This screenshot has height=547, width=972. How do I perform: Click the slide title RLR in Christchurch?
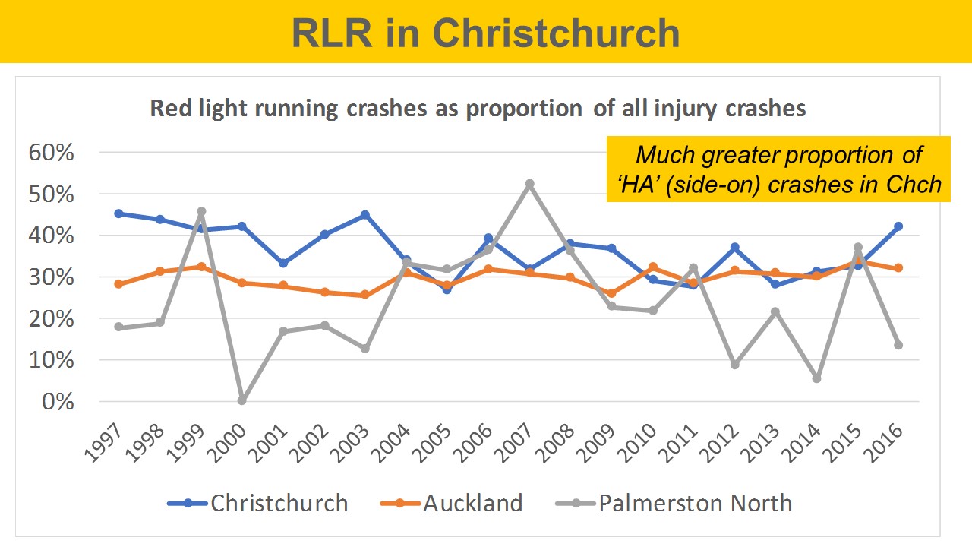[x=486, y=32]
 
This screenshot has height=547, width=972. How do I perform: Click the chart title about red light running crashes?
[x=478, y=108]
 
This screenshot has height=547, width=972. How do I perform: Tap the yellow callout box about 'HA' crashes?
[x=778, y=169]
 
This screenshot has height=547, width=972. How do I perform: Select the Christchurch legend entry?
[x=258, y=503]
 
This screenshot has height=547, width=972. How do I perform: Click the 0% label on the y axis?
[x=58, y=402]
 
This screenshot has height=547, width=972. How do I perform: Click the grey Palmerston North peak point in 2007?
[x=530, y=184]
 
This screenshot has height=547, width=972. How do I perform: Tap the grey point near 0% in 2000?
[x=242, y=400]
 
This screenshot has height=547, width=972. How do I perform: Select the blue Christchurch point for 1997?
[x=119, y=213]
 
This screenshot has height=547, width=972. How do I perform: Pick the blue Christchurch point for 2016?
[x=898, y=226]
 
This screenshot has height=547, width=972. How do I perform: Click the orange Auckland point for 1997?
[x=119, y=284]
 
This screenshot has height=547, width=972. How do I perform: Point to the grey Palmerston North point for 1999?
[x=201, y=211]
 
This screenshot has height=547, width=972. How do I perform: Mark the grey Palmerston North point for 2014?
[x=816, y=378]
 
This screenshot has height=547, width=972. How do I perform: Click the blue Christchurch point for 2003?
[x=365, y=215]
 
